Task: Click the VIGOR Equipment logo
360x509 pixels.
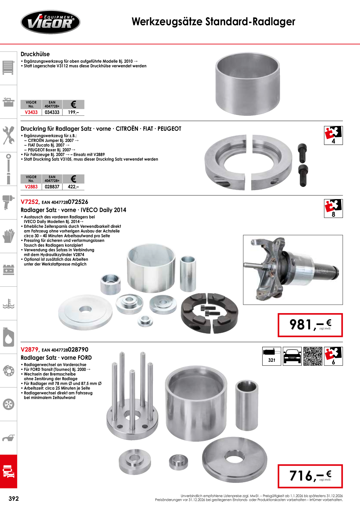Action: click(x=50, y=22)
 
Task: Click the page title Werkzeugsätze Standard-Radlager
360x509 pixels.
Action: click(x=213, y=22)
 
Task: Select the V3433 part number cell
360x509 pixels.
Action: click(x=31, y=112)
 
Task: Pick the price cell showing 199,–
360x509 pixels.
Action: click(x=73, y=112)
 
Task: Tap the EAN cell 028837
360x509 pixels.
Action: click(x=52, y=187)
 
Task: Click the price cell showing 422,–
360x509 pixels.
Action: click(x=73, y=187)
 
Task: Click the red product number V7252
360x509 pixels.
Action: click(x=30, y=202)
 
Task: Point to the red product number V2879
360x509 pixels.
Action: click(x=30, y=350)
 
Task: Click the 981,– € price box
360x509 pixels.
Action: click(x=310, y=325)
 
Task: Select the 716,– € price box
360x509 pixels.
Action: click(x=310, y=476)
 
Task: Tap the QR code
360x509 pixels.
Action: click(x=313, y=356)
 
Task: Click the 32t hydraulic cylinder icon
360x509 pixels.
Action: click(x=271, y=356)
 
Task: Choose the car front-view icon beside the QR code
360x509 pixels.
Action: click(x=292, y=356)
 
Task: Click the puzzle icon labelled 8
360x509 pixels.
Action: click(x=333, y=208)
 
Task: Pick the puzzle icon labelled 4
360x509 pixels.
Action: click(x=333, y=135)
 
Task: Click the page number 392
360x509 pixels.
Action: click(x=14, y=499)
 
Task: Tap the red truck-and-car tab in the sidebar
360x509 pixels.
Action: click(x=8, y=471)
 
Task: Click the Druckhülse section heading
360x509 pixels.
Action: click(x=35, y=54)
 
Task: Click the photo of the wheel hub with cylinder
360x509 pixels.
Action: click(x=293, y=270)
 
